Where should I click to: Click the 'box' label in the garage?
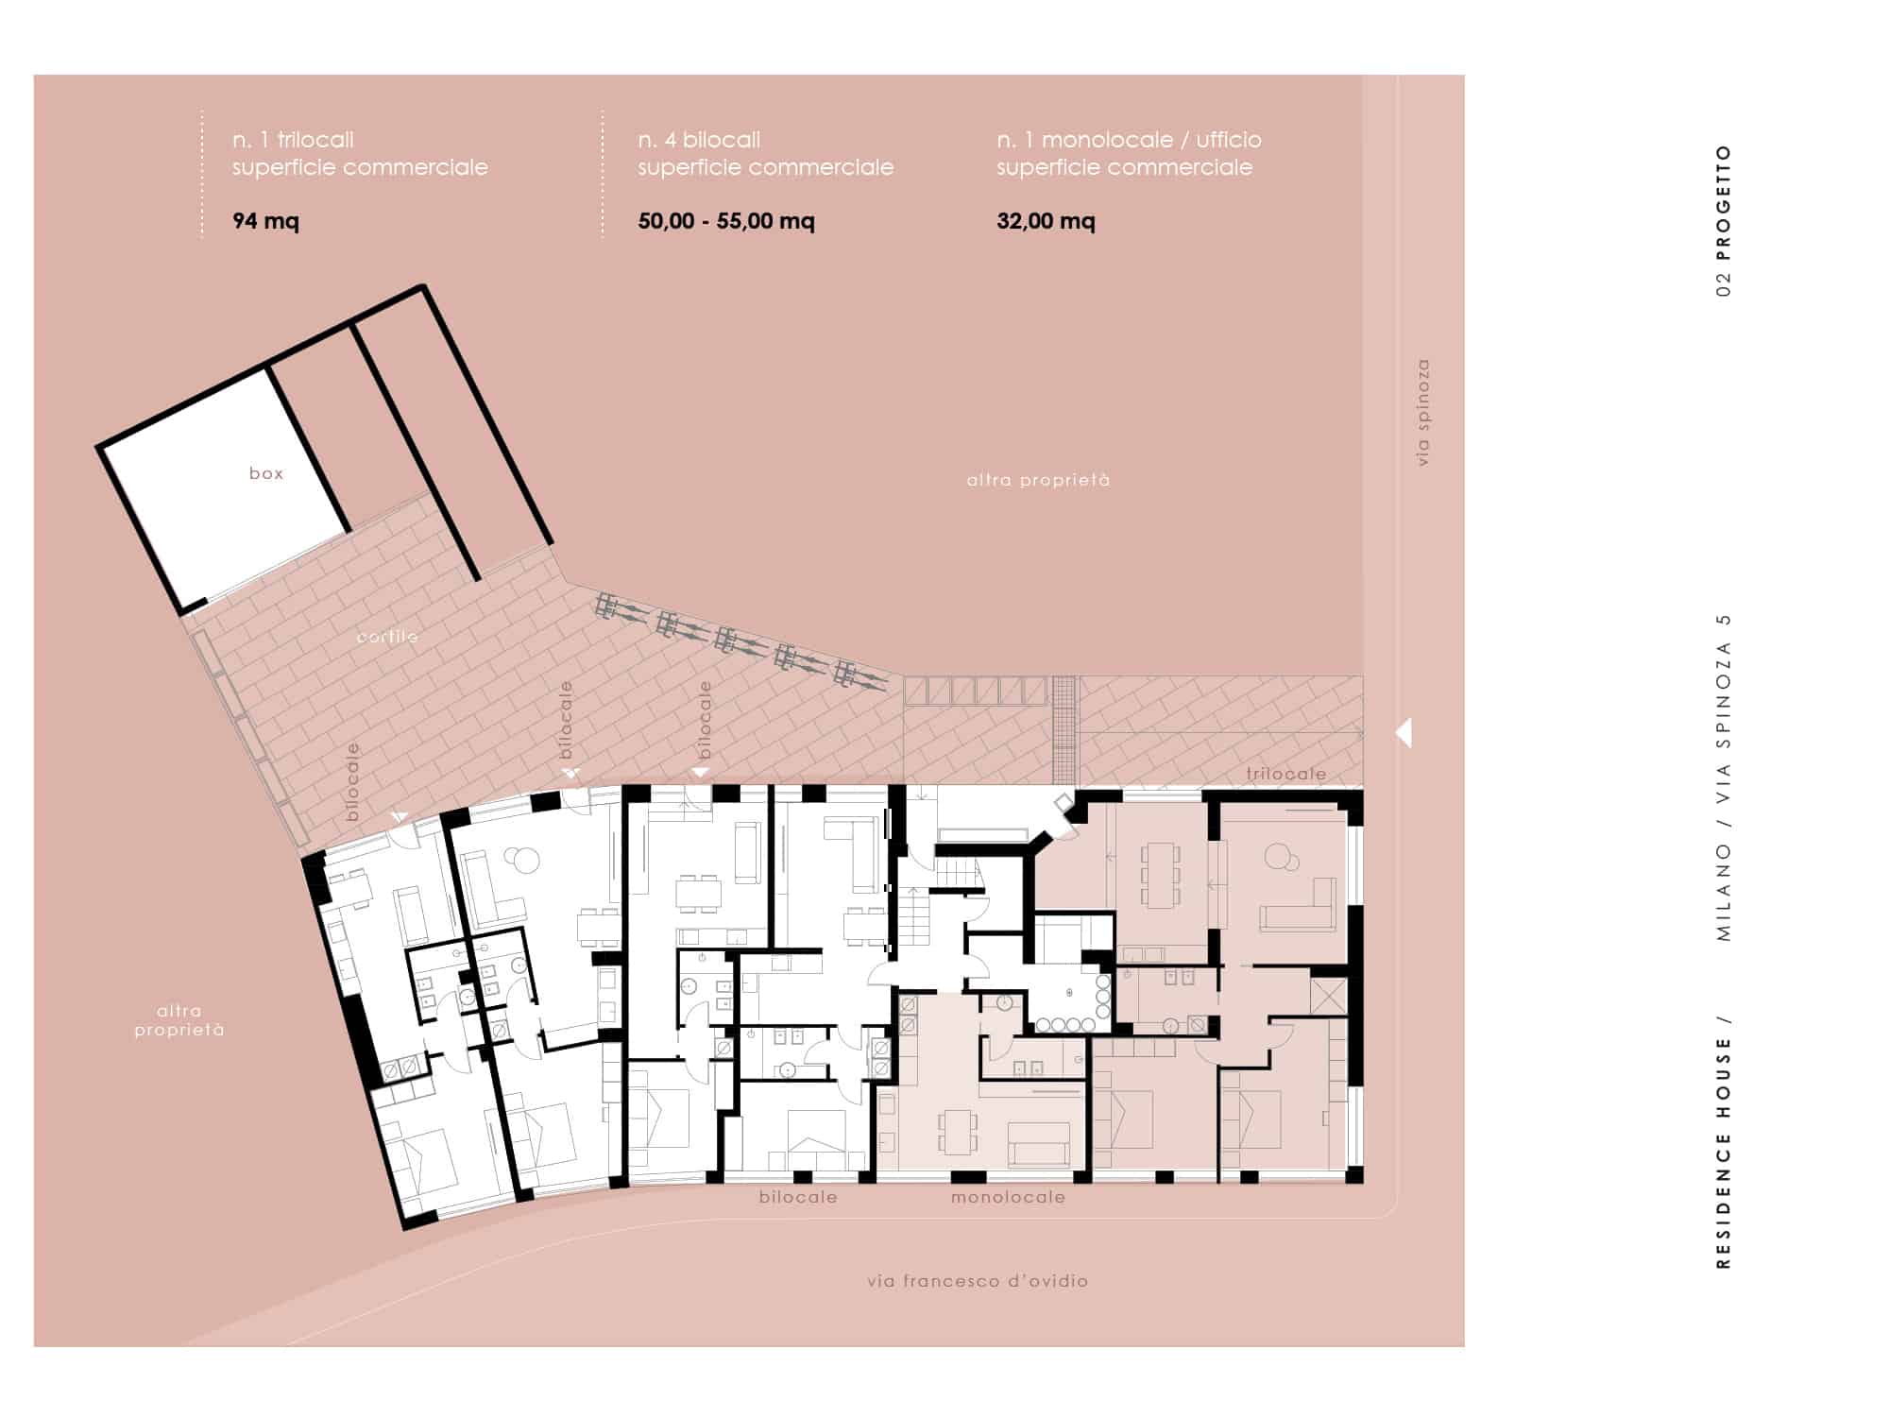[266, 473]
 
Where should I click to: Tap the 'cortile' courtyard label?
[387, 637]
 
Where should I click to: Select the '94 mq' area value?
[265, 221]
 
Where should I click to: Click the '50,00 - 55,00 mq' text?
[726, 221]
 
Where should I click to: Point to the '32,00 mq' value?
[1046, 221]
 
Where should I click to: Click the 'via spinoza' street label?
[1423, 412]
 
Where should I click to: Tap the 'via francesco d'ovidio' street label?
[978, 1281]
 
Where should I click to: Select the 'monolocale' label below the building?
[1008, 1197]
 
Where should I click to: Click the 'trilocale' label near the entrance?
[1285, 774]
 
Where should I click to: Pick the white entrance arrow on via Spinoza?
[1404, 732]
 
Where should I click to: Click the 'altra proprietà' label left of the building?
[179, 1020]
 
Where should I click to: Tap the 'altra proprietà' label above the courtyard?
[1038, 480]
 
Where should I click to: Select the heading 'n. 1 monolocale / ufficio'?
[1129, 140]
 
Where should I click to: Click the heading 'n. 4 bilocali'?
[699, 140]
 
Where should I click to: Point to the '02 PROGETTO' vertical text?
[1724, 221]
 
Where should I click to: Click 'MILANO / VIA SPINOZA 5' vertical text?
[1724, 777]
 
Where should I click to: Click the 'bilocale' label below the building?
[798, 1197]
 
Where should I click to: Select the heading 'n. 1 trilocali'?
[293, 140]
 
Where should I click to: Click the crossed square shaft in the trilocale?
[1327, 996]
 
